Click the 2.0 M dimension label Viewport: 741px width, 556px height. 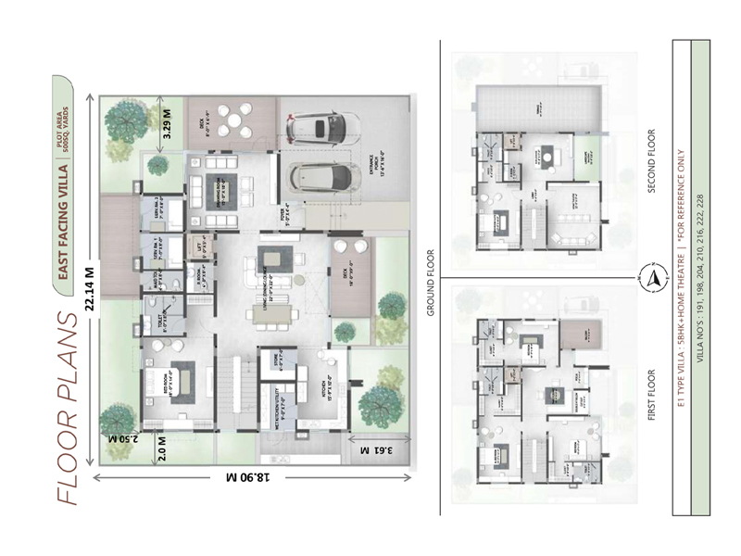[x=165, y=449]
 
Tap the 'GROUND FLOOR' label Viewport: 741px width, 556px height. [x=431, y=282]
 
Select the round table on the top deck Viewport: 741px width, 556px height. [x=239, y=120]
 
